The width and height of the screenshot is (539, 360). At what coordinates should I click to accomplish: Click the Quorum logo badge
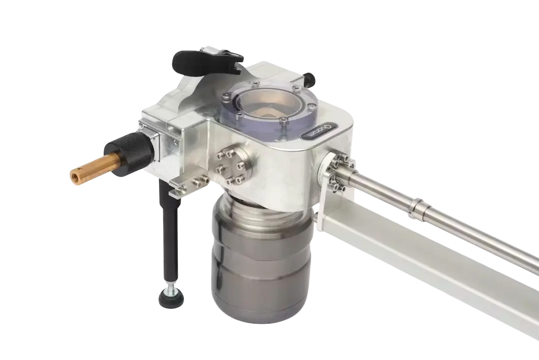point(318,131)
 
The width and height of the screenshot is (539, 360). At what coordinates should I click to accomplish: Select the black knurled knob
point(130,155)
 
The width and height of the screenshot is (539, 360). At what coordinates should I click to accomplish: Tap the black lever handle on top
point(203,63)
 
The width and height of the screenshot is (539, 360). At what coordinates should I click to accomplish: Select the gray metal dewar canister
point(261,261)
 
